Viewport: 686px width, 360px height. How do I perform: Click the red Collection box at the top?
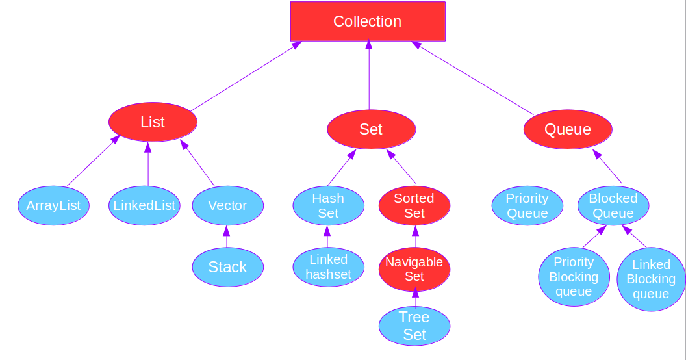point(368,21)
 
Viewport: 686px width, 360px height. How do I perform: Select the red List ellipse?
point(153,122)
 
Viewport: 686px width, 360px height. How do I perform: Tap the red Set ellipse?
point(371,129)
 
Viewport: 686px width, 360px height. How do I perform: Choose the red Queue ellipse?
point(568,129)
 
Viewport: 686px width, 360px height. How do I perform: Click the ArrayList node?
point(53,205)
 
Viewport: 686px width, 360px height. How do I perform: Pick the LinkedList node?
point(144,205)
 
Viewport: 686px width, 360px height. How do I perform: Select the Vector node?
point(227,205)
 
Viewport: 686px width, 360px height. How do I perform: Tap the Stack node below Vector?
point(227,267)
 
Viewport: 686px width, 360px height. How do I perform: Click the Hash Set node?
point(328,205)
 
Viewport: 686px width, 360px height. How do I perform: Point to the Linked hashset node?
point(328,267)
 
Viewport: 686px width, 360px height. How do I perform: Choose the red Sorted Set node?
point(414,205)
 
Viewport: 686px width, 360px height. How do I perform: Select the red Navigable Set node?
point(414,269)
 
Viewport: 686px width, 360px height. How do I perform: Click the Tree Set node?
point(414,326)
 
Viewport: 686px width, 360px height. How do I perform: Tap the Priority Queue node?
point(527,205)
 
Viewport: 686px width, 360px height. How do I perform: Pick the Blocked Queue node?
point(613,206)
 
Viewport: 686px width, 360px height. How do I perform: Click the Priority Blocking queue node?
point(574,276)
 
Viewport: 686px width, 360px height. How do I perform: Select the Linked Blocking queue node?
point(651,279)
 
